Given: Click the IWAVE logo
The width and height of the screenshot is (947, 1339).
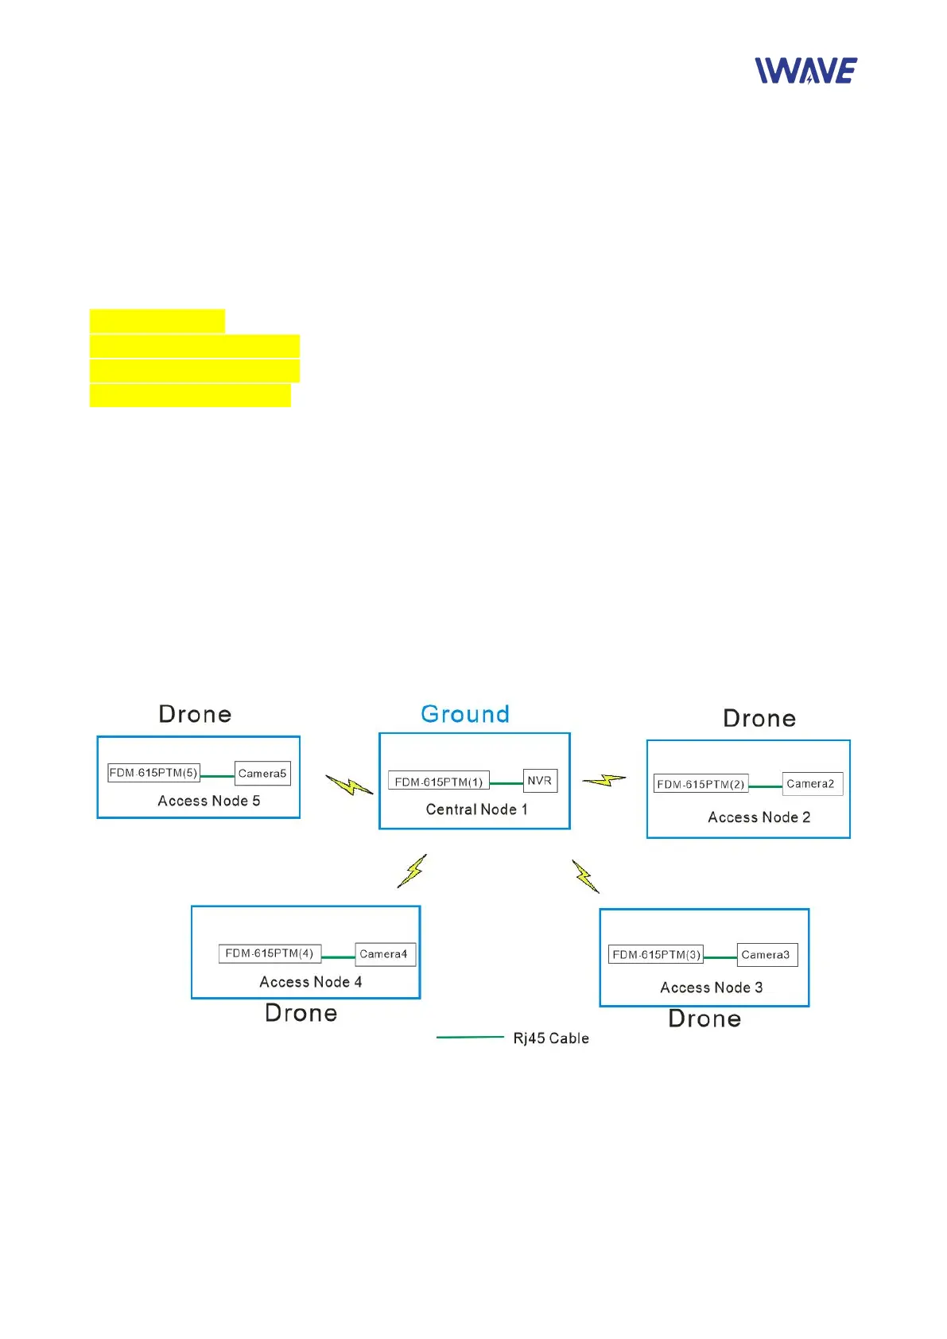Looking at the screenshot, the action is point(805,71).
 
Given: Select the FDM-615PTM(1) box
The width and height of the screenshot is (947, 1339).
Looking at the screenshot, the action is point(438,782).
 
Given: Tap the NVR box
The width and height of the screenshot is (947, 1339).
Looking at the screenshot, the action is point(539,781).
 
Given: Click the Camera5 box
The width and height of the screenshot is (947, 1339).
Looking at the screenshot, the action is point(262,774).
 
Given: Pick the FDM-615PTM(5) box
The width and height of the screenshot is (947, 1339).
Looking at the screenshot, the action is point(153,773).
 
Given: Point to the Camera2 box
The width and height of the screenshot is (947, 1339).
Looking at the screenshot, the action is point(811,784).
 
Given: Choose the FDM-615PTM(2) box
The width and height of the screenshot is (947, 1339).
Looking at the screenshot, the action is point(701,785).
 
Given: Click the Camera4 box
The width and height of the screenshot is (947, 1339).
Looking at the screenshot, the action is point(384,954).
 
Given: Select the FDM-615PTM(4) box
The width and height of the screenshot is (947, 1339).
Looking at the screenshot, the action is point(270,953).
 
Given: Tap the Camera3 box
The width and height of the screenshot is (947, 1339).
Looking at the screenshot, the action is point(766,955).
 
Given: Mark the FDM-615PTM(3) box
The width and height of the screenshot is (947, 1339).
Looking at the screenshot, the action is point(656,955).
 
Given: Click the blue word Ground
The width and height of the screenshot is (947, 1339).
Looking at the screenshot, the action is point(465,714).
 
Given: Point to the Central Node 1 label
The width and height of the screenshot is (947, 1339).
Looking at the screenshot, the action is point(476,809).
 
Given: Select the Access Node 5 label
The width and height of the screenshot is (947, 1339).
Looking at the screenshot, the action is point(208,801).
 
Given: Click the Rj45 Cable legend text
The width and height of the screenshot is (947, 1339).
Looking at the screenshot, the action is point(551,1038).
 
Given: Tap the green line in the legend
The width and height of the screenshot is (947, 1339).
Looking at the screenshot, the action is point(470,1038).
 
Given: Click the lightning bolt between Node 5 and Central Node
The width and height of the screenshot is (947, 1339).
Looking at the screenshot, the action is point(349,786).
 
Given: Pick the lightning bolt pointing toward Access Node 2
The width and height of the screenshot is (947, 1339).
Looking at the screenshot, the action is point(604,781).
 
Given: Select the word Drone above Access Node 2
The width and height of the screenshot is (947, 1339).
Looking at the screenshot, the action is point(759,719).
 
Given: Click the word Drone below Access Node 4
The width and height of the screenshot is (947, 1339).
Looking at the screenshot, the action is point(301,1013).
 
